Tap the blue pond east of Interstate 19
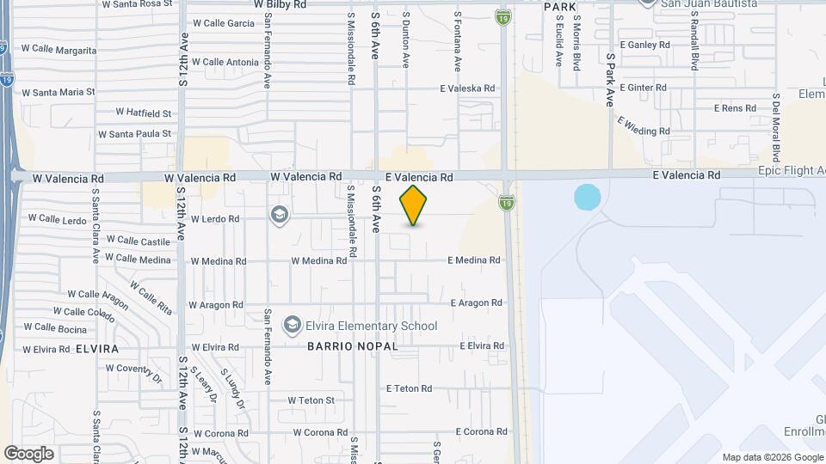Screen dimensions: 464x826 pyautogui.click(x=586, y=198)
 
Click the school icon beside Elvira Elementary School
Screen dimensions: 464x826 pyautogui.click(x=293, y=325)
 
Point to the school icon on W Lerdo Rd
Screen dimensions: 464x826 pyautogui.click(x=279, y=214)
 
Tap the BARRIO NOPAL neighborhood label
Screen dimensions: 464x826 pyautogui.click(x=353, y=346)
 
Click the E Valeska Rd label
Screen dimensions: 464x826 pyautogui.click(x=467, y=89)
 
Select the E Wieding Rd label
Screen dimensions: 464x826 pyautogui.click(x=643, y=125)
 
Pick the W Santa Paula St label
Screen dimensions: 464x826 pyautogui.click(x=135, y=134)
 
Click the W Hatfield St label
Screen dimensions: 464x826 pyautogui.click(x=144, y=113)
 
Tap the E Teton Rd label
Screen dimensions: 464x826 pyautogui.click(x=409, y=389)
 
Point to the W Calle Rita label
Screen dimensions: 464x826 pyautogui.click(x=151, y=295)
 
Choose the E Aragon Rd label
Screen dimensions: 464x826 pyautogui.click(x=476, y=303)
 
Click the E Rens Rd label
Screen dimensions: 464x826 pyautogui.click(x=735, y=108)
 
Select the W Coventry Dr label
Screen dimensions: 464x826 pyautogui.click(x=135, y=372)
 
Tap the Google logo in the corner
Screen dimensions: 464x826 pyautogui.click(x=28, y=454)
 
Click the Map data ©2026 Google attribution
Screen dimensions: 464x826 pyautogui.click(x=772, y=457)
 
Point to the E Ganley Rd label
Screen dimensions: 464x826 pyautogui.click(x=644, y=45)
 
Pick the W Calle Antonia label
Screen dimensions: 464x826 pyautogui.click(x=225, y=62)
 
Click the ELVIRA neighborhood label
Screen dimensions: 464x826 pyautogui.click(x=96, y=349)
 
